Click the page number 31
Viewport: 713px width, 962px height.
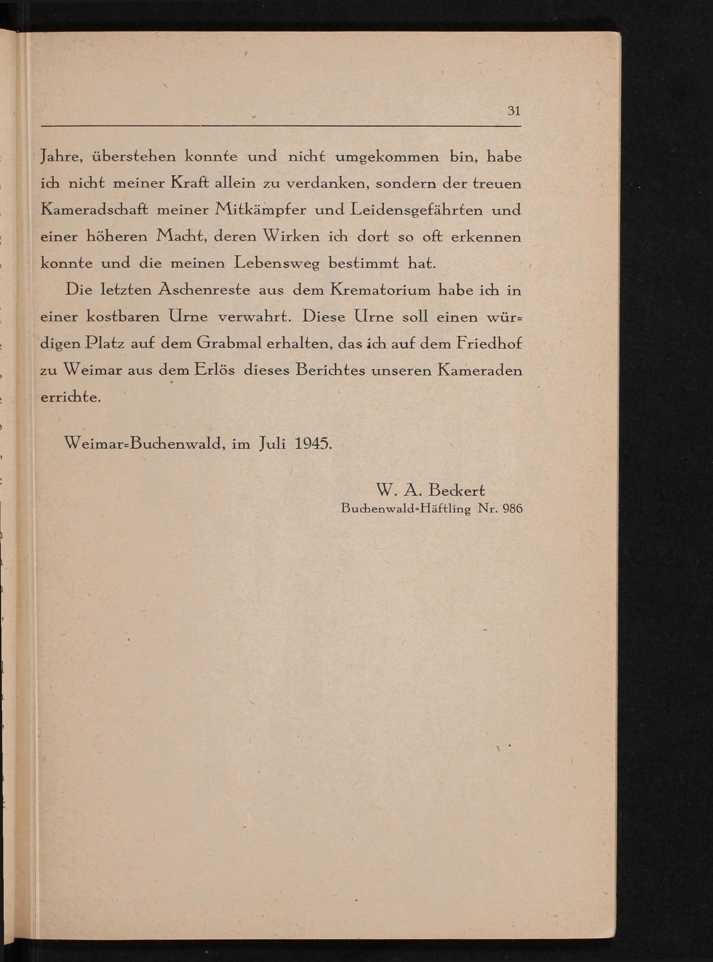pos(514,111)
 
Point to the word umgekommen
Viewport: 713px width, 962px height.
pos(387,157)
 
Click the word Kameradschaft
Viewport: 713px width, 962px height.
pos(94,210)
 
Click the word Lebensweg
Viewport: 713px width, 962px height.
pos(277,264)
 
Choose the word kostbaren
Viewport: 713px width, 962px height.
pos(123,317)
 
